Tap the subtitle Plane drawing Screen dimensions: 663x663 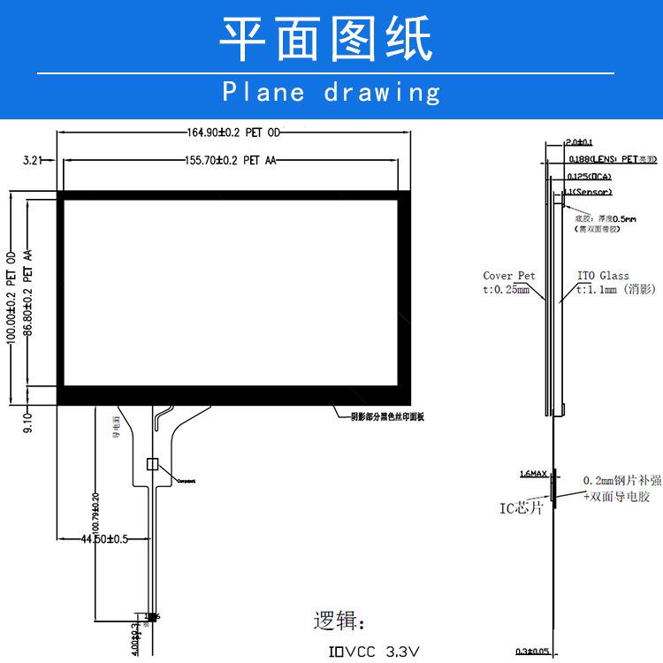pyautogui.click(x=331, y=92)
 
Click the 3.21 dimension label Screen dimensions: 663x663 pyautogui.click(x=34, y=160)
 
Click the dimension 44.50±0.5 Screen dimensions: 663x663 pyautogui.click(x=104, y=538)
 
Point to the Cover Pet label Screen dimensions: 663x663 pyautogui.click(x=509, y=276)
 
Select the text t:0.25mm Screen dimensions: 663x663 pyautogui.click(x=507, y=289)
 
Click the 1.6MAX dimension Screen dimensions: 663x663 pyautogui.click(x=532, y=474)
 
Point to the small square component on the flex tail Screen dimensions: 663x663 pyautogui.click(x=151, y=463)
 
